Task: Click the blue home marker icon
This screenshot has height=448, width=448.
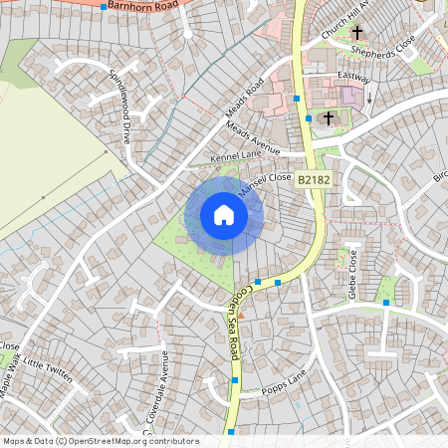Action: [x=224, y=215]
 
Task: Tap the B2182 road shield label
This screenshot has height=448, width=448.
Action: [x=313, y=178]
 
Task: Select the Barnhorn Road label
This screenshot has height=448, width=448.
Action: [x=145, y=6]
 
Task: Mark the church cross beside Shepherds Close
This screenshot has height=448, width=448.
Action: [x=356, y=33]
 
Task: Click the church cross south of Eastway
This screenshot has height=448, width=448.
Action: [x=328, y=116]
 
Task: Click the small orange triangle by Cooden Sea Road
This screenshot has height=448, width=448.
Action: [x=239, y=316]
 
